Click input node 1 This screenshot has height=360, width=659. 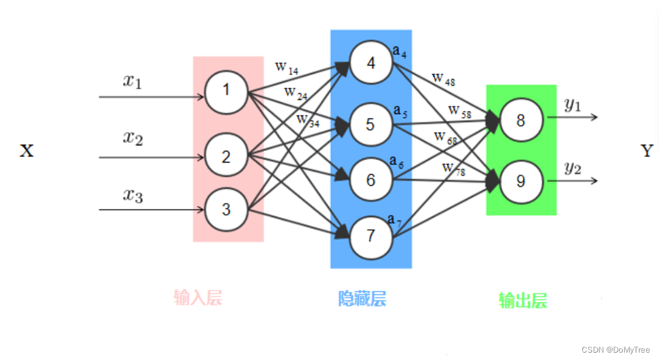226,91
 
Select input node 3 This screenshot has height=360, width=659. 226,210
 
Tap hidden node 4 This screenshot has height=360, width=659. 371,63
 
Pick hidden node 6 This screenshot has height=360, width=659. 371,180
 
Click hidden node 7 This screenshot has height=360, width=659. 371,236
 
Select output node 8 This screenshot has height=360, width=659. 520,120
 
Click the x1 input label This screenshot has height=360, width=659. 132,81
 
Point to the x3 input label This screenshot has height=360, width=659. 132,196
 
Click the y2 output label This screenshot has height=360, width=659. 573,168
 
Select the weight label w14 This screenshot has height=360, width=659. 286,67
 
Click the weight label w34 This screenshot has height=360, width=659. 308,120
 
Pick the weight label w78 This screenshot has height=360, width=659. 454,169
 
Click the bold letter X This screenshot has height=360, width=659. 26,151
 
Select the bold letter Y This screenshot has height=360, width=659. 647,151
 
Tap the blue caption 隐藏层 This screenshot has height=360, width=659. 362,299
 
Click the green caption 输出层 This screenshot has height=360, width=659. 522,301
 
